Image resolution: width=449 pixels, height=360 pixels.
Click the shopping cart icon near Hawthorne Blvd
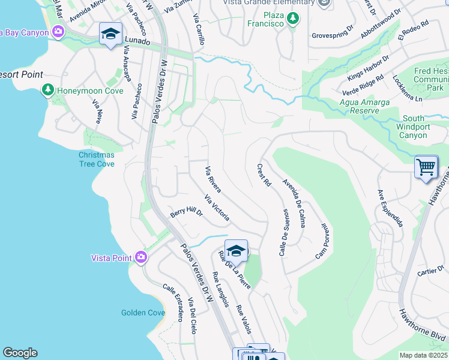click(x=426, y=167)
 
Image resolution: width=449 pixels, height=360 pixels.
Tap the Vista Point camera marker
click(x=141, y=257)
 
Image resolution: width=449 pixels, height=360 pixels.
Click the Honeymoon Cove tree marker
click(x=47, y=90)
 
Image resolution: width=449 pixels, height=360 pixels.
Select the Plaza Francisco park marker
click(x=292, y=19)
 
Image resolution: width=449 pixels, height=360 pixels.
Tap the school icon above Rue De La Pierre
click(x=236, y=251)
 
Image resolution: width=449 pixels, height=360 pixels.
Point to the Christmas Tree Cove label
click(x=97, y=159)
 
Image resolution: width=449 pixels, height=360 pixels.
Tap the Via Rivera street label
click(x=213, y=179)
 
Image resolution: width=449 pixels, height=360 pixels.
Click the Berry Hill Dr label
click(x=186, y=212)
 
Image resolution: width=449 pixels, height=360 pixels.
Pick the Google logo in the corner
click(x=20, y=353)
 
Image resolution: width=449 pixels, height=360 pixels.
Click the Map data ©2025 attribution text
click(x=423, y=355)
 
